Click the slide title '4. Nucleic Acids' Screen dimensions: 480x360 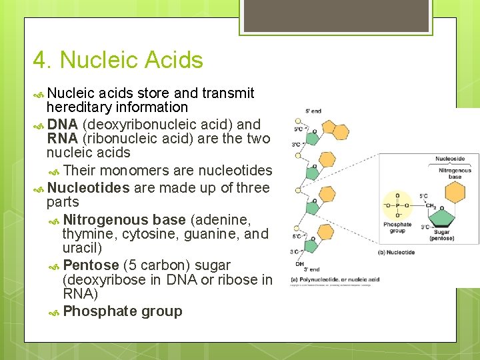[118, 60]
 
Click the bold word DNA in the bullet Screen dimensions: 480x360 [63, 124]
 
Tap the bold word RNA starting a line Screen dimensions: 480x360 [63, 139]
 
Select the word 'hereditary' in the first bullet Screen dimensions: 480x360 [79, 107]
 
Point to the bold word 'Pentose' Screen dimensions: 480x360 [91, 265]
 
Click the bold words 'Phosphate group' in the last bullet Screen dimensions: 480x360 [122, 311]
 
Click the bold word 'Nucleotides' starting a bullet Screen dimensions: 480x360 [88, 188]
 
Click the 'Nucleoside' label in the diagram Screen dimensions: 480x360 [450, 159]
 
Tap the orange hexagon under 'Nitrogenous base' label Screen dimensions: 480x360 [455, 191]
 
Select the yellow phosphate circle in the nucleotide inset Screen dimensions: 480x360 [398, 205]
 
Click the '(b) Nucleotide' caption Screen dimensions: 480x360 [397, 253]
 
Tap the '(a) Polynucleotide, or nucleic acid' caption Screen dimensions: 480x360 [335, 279]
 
